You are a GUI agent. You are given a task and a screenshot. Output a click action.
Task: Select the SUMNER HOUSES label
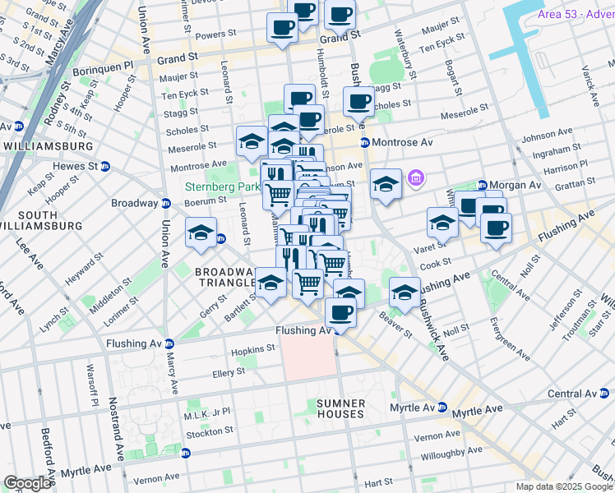point(340,408)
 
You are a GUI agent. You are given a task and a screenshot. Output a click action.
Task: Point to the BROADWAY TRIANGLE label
point(224,277)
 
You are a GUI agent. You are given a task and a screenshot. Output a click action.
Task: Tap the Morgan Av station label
point(516,185)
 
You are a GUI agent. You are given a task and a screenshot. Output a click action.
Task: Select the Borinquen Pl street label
point(99,64)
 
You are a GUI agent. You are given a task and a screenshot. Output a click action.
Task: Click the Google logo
point(27,483)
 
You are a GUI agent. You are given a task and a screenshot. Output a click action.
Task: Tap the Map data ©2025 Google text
point(563,486)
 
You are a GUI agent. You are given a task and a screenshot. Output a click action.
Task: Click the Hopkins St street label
point(252,349)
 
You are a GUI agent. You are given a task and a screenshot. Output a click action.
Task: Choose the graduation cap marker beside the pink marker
point(385,183)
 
